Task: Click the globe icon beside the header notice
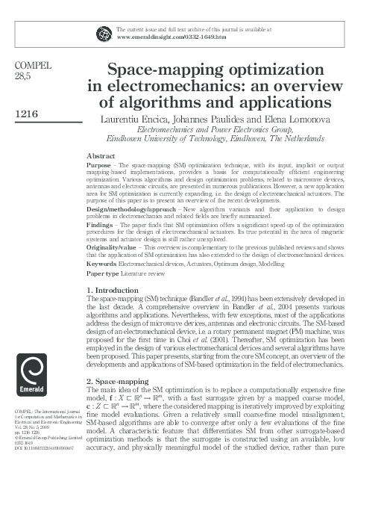104,33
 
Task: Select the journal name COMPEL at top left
33,66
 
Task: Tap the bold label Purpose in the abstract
99,164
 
